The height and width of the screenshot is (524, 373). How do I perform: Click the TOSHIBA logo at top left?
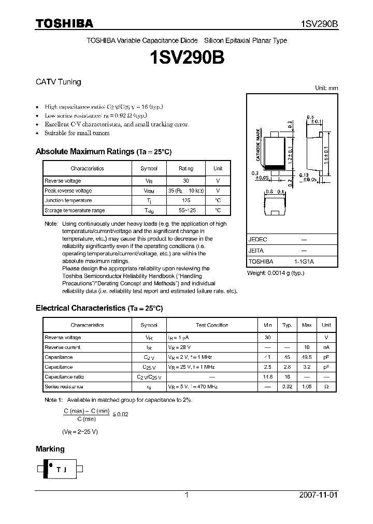click(x=64, y=23)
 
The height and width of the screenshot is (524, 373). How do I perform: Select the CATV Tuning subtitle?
click(x=58, y=82)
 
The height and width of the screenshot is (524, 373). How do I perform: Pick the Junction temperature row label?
click(x=68, y=200)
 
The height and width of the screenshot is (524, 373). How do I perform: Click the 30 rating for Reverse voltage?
click(x=186, y=181)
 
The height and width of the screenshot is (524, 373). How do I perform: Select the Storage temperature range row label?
click(x=75, y=210)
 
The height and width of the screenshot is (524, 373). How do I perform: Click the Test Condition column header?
click(x=212, y=325)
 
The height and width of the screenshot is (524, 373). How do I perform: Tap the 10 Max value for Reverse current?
click(x=307, y=347)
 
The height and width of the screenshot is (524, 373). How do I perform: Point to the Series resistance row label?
click(x=64, y=387)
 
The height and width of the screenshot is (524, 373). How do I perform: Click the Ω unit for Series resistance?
click(x=326, y=387)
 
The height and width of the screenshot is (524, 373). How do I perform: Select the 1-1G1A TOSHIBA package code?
click(x=304, y=262)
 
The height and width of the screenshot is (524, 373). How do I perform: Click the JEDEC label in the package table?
click(x=257, y=240)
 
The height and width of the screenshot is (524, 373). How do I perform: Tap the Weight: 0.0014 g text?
click(x=275, y=273)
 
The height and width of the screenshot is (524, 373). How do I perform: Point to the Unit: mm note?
click(x=326, y=89)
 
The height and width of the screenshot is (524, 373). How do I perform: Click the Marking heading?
click(x=50, y=449)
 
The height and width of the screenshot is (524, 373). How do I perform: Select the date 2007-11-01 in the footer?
click(x=318, y=495)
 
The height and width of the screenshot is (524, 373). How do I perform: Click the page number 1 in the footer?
click(x=187, y=495)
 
